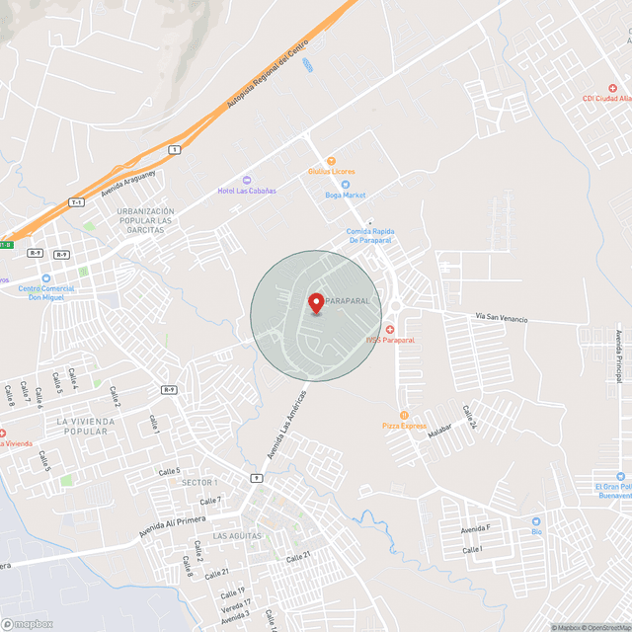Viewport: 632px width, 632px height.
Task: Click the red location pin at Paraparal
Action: pyautogui.click(x=316, y=303)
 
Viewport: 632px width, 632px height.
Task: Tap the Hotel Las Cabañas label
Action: pyautogui.click(x=247, y=191)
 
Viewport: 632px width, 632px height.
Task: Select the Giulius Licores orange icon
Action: pyautogui.click(x=332, y=161)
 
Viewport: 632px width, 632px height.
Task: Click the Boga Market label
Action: pyautogui.click(x=346, y=195)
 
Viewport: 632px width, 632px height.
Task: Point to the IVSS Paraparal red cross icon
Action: pyautogui.click(x=390, y=329)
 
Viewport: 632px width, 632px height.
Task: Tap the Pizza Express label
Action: pyautogui.click(x=404, y=426)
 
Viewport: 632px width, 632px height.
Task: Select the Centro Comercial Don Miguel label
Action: pyautogui.click(x=45, y=293)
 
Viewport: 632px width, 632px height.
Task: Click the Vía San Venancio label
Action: pyautogui.click(x=501, y=319)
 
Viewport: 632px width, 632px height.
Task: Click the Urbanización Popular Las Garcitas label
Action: pyautogui.click(x=145, y=221)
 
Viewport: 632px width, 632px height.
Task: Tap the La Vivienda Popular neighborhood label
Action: pyautogui.click(x=86, y=427)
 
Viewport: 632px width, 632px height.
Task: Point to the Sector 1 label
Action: pyautogui.click(x=199, y=481)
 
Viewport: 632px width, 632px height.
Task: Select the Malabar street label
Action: pyautogui.click(x=439, y=431)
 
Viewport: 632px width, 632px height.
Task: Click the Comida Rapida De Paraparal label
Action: pyautogui.click(x=369, y=236)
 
